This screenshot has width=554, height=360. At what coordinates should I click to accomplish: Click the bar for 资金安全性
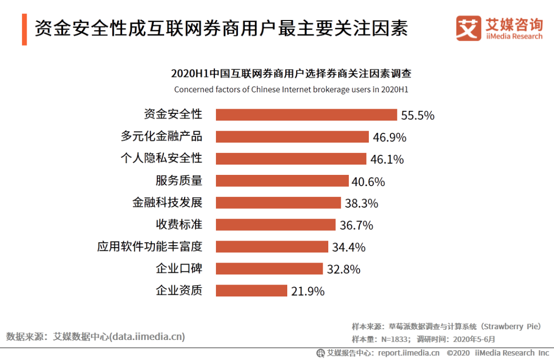click(306, 114)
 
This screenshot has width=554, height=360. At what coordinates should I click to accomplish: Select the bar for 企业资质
click(251, 291)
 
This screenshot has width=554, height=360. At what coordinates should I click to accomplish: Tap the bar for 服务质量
click(282, 181)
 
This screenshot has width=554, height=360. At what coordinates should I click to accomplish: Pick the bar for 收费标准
click(276, 225)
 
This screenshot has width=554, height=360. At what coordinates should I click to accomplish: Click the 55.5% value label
click(418, 115)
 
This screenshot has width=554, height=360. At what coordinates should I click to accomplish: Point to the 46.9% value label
click(389, 137)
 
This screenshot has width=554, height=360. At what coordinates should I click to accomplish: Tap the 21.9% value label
click(308, 291)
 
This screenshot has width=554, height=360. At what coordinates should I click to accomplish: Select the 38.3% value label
click(361, 204)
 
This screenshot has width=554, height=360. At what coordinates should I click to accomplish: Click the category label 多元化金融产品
click(162, 136)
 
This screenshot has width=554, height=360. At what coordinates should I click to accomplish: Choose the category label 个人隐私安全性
click(162, 158)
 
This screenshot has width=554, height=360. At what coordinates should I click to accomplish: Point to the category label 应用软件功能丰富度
click(150, 247)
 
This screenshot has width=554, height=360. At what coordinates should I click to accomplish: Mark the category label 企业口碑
click(179, 269)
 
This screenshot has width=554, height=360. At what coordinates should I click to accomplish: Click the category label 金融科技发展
click(167, 202)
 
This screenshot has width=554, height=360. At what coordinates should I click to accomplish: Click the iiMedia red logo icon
click(468, 29)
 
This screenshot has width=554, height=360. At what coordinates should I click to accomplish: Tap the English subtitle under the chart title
click(291, 90)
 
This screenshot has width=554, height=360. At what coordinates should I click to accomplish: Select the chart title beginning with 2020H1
click(291, 74)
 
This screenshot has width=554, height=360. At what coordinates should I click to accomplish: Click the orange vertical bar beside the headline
click(24, 29)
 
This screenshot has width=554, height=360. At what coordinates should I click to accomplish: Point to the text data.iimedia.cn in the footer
click(148, 336)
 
